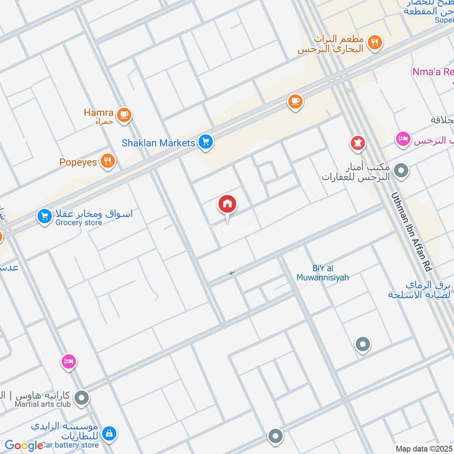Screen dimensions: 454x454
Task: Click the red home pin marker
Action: [228, 204]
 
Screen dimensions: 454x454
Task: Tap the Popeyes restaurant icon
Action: [107, 162]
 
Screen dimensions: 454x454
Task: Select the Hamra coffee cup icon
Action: [124, 116]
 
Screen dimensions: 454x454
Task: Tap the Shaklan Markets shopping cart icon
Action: [206, 142]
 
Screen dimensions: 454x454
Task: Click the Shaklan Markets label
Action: [158, 143]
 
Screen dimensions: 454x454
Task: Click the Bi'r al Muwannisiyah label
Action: [322, 273]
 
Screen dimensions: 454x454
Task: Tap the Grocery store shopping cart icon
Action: [44, 216]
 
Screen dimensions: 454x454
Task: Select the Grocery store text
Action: [79, 223]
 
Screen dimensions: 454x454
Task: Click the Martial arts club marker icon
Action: [82, 398]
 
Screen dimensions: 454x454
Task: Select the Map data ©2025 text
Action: [423, 449]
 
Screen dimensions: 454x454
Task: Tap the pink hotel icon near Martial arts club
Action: [69, 361]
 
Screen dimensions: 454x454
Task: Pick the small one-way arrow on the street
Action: [232, 274]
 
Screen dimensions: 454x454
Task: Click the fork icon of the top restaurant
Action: [375, 41]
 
